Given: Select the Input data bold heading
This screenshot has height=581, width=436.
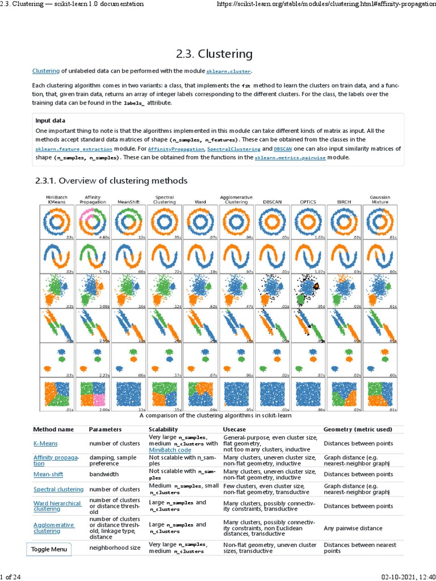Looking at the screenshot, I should (x=50, y=120).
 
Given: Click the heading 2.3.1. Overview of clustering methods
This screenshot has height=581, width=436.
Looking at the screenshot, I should (x=111, y=180).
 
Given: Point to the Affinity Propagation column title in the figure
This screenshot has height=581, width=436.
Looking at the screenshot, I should (x=93, y=199).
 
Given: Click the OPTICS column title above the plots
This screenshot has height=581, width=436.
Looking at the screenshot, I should (x=307, y=201).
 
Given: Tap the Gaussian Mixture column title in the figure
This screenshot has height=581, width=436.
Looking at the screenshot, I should (x=379, y=199).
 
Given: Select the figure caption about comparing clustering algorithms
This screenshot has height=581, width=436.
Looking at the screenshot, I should (x=217, y=415).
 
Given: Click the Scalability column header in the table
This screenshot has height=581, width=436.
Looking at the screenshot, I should (x=163, y=430).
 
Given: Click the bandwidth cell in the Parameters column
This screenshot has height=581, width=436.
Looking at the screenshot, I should (x=104, y=474).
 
